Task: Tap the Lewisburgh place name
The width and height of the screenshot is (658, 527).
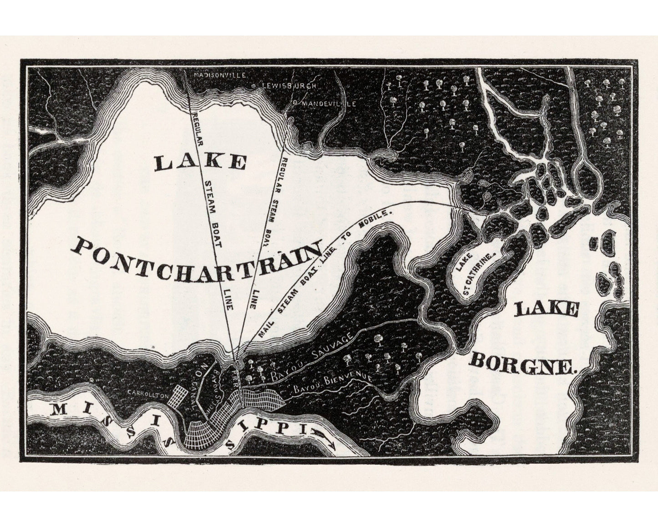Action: coord(288,86)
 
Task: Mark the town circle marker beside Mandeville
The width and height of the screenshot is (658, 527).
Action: coord(294,103)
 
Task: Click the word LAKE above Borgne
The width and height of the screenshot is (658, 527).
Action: coord(546,310)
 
